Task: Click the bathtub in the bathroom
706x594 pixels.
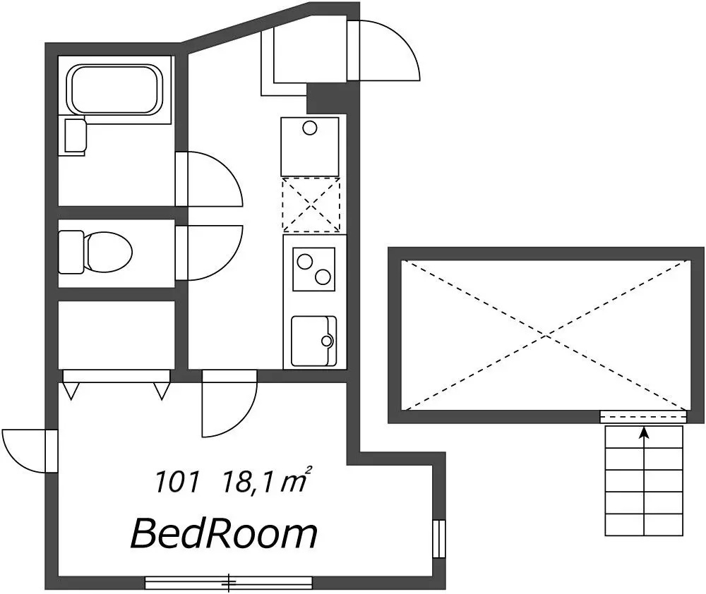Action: pyautogui.click(x=114, y=90)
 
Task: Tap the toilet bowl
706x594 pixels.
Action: pyautogui.click(x=108, y=252)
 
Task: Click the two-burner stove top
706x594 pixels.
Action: pyautogui.click(x=314, y=269)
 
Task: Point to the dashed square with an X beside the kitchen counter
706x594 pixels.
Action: pyautogui.click(x=311, y=205)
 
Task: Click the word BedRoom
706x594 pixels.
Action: pyautogui.click(x=224, y=534)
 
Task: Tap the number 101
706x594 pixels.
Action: pyautogui.click(x=176, y=482)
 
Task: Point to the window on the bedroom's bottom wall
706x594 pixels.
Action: pyautogui.click(x=229, y=583)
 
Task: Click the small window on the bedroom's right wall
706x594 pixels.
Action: pyautogui.click(x=439, y=539)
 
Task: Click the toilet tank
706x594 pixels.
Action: pyautogui.click(x=71, y=252)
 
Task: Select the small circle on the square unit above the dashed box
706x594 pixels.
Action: pyautogui.click(x=310, y=128)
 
